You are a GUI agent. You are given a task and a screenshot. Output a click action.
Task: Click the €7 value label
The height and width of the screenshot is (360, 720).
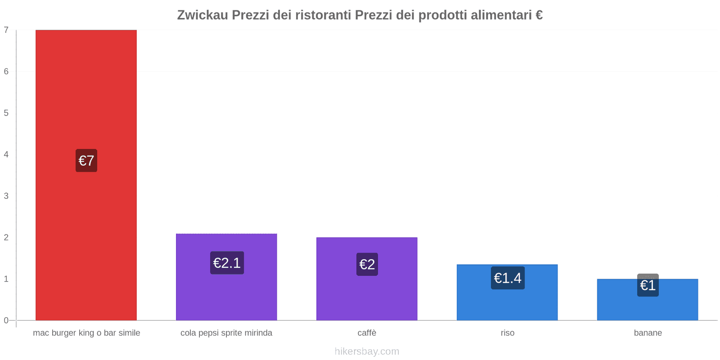86,161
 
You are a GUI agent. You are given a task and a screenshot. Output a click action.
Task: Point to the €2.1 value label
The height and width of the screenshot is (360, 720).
227,263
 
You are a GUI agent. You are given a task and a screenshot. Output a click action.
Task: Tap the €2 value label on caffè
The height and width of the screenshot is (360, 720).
367,264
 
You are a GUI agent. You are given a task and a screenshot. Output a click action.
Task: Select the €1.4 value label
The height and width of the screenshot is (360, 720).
508,278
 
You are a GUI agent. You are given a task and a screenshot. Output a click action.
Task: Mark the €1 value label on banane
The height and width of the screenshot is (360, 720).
648,285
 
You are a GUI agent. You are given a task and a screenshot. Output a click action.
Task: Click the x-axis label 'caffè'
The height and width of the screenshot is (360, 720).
367,333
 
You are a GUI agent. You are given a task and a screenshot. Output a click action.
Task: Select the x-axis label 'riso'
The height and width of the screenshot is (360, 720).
507,333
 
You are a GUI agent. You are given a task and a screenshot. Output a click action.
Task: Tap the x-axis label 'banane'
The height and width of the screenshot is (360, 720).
648,333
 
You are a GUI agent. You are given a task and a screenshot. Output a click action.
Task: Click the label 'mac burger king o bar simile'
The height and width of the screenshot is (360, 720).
86,333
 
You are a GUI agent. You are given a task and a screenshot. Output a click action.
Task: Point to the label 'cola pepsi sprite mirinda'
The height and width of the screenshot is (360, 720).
226,333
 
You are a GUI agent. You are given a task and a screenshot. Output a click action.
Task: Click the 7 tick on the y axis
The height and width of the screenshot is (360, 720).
6,30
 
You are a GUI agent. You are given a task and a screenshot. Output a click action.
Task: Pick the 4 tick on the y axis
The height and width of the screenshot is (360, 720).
6,154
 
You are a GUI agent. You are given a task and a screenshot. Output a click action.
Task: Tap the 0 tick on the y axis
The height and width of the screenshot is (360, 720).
6,320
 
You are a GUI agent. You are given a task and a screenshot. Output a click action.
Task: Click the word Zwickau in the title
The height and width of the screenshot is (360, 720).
202,15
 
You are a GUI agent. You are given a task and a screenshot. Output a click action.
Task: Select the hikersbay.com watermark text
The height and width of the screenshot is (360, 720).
367,351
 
